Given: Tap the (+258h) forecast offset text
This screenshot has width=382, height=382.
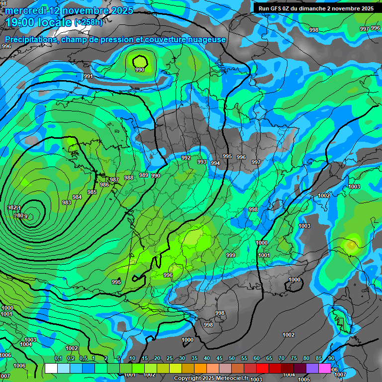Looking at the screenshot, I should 88,22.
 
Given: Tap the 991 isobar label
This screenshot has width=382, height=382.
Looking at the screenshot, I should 88,76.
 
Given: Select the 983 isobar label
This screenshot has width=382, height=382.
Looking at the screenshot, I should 67,202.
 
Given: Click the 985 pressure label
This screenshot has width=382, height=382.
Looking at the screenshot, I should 92,192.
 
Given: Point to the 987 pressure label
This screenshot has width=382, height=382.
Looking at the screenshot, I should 114,180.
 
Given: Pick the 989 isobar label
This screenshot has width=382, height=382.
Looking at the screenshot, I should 144,175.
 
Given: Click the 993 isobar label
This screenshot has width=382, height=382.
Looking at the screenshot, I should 201,162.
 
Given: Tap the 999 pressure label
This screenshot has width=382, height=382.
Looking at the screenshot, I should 231,255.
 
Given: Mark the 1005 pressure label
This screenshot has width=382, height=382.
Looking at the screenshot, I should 304,379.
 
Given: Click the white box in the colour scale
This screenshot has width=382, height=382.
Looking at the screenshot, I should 51,368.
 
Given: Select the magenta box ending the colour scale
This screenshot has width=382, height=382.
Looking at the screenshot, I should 325,368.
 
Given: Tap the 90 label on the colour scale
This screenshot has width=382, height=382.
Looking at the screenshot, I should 331,359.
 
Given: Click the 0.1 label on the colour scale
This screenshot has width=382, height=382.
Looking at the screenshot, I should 58,359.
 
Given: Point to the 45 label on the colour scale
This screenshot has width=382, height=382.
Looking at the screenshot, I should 219,359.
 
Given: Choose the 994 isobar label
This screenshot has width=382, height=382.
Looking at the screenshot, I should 215,163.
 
